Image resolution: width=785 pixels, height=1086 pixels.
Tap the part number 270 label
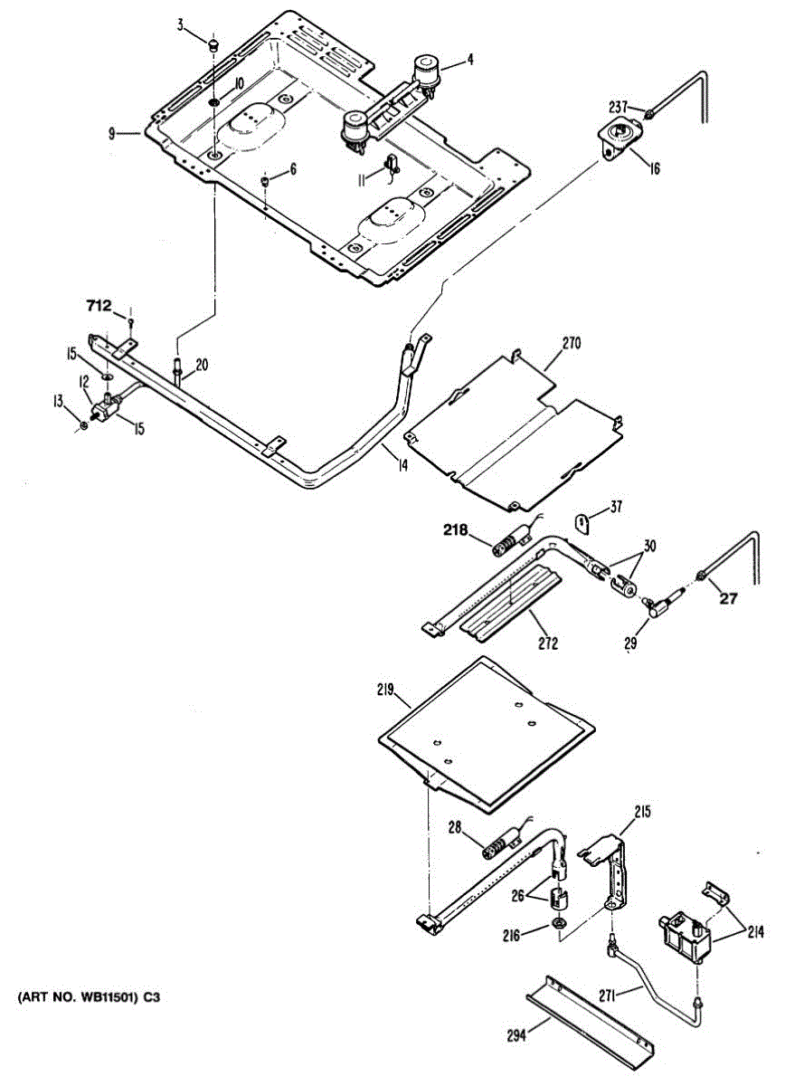571,343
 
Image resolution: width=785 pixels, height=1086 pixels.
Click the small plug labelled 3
214,43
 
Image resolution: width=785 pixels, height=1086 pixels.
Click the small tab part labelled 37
583,522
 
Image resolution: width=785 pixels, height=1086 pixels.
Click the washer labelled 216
558,925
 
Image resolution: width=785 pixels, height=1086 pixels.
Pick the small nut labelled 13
84,424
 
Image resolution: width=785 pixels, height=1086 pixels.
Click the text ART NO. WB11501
86,999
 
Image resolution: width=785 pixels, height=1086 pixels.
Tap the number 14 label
402,465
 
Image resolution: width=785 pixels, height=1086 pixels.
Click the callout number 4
470,61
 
